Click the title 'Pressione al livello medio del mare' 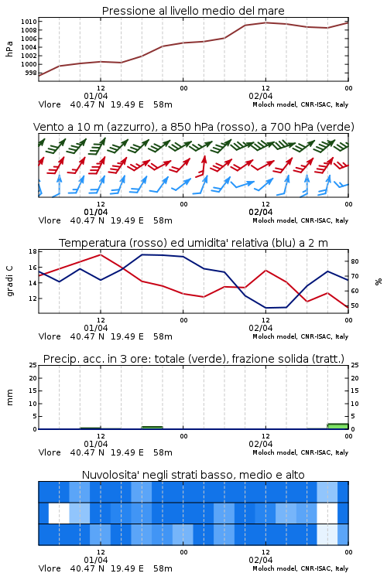(x=193, y=11)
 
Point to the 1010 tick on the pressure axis (x=29, y=22)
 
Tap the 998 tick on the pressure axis (x=31, y=73)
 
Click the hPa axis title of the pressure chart (x=9, y=49)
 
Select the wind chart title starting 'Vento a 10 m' (x=193, y=128)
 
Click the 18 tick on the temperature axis (x=33, y=251)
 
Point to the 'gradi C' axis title (x=10, y=281)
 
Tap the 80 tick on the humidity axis (x=354, y=261)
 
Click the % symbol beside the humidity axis (x=378, y=281)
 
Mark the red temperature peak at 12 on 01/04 (x=101, y=254)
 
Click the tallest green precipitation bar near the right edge (x=337, y=426)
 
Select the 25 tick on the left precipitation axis (x=33, y=366)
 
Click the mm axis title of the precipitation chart (x=10, y=397)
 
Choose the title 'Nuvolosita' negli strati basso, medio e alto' (x=193, y=475)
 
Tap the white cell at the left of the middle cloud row (x=59, y=513)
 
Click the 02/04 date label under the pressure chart (x=260, y=96)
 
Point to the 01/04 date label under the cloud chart (x=95, y=560)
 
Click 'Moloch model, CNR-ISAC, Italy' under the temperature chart (x=300, y=336)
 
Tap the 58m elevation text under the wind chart (x=163, y=220)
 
